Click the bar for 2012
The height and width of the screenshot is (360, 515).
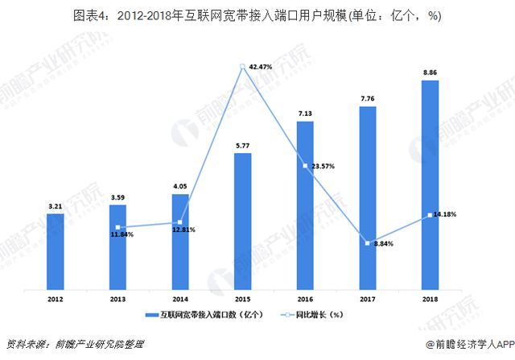[56, 250]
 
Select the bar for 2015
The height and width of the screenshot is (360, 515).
[242, 221]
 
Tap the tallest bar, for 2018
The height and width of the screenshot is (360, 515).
[429, 184]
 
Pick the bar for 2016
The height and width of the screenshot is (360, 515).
[304, 205]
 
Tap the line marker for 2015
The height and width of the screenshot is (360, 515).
[242, 67]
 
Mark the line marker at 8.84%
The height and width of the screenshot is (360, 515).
[367, 242]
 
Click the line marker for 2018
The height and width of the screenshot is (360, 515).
[429, 215]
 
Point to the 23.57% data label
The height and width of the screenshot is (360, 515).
[321, 166]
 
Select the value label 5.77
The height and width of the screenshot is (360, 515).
[242, 146]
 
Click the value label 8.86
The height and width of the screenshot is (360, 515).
[429, 72]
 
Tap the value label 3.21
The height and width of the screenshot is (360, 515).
[56, 206]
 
